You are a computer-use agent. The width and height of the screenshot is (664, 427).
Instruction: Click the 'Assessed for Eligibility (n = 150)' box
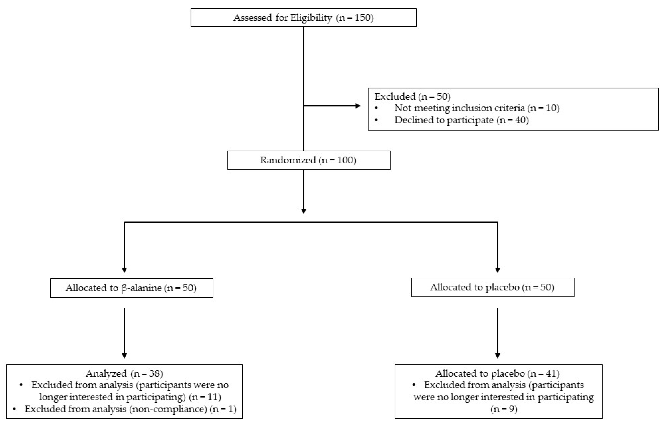coord(303,17)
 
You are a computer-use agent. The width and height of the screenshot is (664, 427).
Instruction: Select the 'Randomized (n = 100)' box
coord(309,160)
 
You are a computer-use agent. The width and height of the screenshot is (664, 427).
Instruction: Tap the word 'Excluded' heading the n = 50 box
coord(395,96)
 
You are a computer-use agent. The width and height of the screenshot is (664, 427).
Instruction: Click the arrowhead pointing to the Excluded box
coord(358,106)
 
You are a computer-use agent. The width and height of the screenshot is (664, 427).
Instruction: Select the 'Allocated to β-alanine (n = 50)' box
coord(131,288)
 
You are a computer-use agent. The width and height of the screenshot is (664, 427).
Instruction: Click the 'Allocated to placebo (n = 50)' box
coord(492,287)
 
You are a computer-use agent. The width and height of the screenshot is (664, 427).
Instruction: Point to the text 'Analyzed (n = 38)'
coord(124,373)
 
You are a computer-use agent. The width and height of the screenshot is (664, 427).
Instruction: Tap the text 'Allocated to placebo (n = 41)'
coord(497,373)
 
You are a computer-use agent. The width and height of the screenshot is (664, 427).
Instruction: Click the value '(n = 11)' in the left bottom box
coord(205,397)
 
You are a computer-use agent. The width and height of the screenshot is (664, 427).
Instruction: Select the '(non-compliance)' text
coord(168,409)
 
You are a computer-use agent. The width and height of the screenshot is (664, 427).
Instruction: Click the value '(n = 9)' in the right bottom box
coord(504,409)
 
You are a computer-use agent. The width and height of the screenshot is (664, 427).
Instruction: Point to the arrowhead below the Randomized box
coord(304,211)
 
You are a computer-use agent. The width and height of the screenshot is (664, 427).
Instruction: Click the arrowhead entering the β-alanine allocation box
coord(124,270)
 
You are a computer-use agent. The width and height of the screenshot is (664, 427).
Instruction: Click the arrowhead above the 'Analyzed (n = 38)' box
coord(124,356)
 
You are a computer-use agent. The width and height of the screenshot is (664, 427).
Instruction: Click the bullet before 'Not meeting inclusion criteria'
coord(377,108)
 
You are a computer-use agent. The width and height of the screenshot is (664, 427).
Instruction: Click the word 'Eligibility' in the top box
coord(311,18)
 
